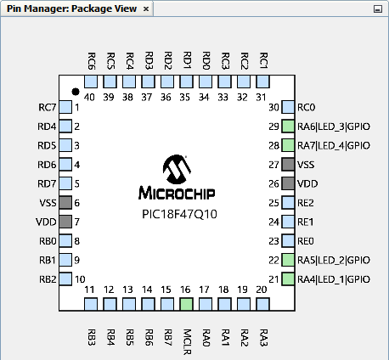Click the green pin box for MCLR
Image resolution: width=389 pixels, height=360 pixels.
186,304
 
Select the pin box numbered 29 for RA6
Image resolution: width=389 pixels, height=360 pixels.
288,127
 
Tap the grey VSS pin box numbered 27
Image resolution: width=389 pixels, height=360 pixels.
288,165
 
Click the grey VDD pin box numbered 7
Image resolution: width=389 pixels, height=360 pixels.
65,222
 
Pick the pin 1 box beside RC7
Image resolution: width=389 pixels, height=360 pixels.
65,107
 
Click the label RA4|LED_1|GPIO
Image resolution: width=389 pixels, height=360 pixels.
334,279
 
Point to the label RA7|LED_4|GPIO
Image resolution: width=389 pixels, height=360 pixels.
334,145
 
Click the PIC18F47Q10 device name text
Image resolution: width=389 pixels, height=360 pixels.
179,214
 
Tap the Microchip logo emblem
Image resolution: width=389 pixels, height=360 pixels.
177,169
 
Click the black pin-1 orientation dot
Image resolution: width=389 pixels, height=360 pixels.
76,92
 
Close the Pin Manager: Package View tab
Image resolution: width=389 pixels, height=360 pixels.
146,9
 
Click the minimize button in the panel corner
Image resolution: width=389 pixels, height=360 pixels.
378,9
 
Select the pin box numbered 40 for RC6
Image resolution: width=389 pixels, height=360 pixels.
91,82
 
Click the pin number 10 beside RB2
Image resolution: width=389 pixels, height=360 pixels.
80,279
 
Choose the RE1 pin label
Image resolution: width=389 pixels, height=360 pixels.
306,222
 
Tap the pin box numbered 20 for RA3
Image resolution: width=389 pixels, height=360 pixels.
262,304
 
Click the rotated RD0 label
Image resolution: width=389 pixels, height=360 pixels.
206,60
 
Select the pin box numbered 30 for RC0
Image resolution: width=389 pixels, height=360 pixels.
288,107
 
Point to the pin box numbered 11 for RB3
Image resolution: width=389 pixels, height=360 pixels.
91,304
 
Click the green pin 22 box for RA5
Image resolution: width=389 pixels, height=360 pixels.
288,260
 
